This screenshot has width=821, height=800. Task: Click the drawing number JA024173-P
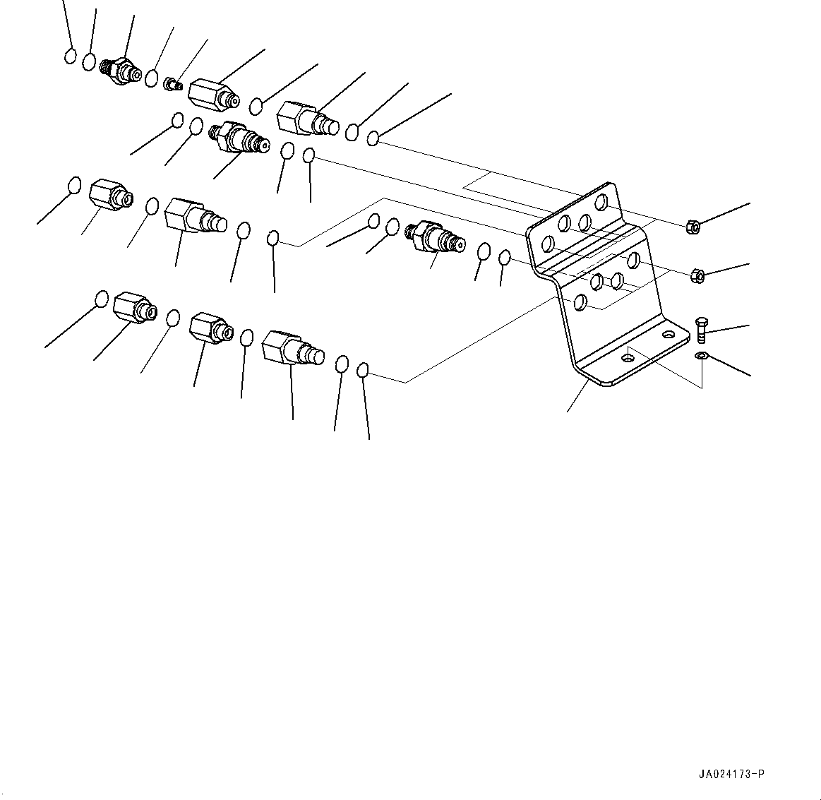[731, 774]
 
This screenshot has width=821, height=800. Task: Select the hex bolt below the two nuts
[702, 331]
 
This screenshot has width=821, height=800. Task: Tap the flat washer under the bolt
[700, 356]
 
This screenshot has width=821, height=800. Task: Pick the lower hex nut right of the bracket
[697, 275]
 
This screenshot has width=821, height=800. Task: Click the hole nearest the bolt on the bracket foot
[669, 333]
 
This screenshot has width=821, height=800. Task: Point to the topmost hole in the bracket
[602, 201]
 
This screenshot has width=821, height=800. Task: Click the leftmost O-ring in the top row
[70, 56]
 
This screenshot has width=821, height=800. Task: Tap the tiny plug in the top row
[174, 83]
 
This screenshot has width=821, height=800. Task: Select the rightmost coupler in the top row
[307, 119]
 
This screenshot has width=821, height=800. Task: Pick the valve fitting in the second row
[239, 138]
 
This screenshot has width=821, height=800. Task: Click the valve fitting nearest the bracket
[436, 238]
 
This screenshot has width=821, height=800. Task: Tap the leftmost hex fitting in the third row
[111, 195]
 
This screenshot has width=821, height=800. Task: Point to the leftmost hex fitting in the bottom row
[135, 307]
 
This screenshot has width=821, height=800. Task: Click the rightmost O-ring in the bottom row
[363, 370]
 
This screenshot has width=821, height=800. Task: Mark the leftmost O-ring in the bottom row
[102, 299]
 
